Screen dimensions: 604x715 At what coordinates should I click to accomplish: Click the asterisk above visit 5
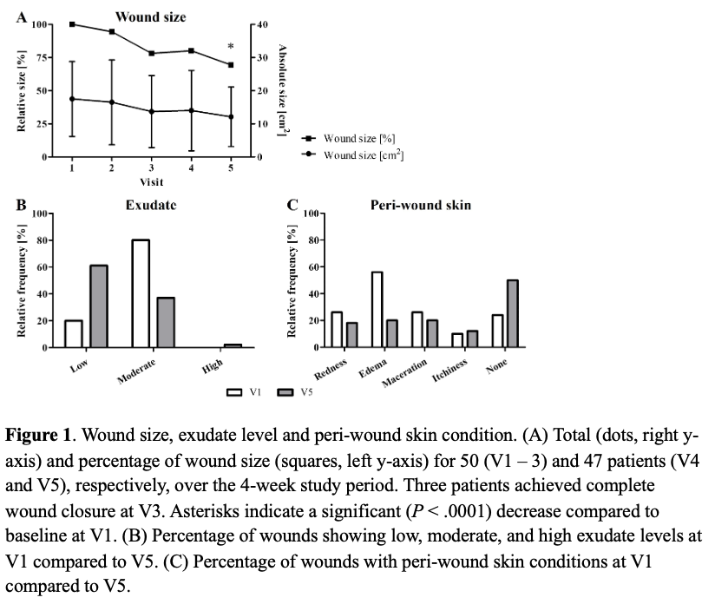coord(231,48)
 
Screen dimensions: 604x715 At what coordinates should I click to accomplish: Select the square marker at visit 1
coord(71,23)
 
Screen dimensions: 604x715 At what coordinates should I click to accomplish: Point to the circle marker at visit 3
coord(151,111)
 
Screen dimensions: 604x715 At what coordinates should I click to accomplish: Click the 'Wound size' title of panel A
coord(150,16)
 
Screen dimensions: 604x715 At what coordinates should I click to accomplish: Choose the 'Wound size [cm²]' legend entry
coord(363,155)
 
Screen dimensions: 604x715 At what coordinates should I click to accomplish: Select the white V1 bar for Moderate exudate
coord(140,293)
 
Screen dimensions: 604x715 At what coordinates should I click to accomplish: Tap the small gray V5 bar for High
coord(233,345)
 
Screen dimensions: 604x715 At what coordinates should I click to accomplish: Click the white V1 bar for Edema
coord(377,310)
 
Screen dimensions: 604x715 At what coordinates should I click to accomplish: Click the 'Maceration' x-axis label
coord(405,374)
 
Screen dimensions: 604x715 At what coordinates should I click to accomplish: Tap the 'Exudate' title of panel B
coord(151,206)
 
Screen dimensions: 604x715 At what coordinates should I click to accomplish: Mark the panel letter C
coord(292,206)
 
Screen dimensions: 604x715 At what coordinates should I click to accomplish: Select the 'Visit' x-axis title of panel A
coord(151,182)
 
